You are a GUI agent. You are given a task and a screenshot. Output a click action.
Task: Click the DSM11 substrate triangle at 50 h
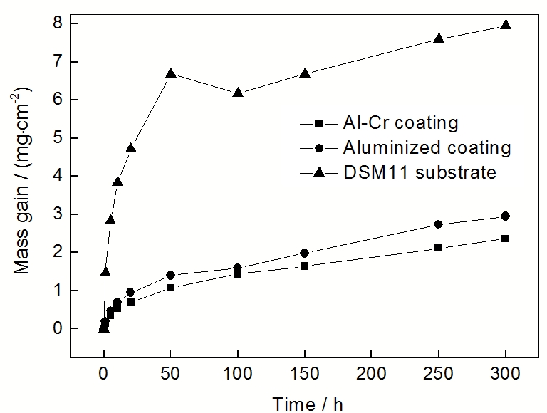[x=171, y=73]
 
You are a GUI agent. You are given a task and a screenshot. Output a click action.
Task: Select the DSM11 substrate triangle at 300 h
[x=506, y=25]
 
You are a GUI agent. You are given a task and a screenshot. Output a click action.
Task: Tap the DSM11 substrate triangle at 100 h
[x=238, y=93]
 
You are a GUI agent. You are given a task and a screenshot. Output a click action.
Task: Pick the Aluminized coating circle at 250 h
[x=439, y=224]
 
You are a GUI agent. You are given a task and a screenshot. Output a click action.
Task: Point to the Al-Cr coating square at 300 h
[x=506, y=239]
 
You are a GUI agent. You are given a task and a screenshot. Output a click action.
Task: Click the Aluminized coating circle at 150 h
[x=305, y=253]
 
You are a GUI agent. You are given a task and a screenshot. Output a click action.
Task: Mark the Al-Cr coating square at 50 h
[x=171, y=288]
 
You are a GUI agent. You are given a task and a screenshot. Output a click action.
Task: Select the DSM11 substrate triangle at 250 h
[x=439, y=38]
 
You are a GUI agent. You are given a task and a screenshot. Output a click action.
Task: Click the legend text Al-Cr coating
[x=400, y=123]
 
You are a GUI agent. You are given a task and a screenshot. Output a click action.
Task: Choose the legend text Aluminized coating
[x=427, y=147]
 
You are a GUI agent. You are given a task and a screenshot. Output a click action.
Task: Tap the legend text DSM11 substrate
[x=420, y=172]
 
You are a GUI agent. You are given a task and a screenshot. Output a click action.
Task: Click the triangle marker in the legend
[x=319, y=172]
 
